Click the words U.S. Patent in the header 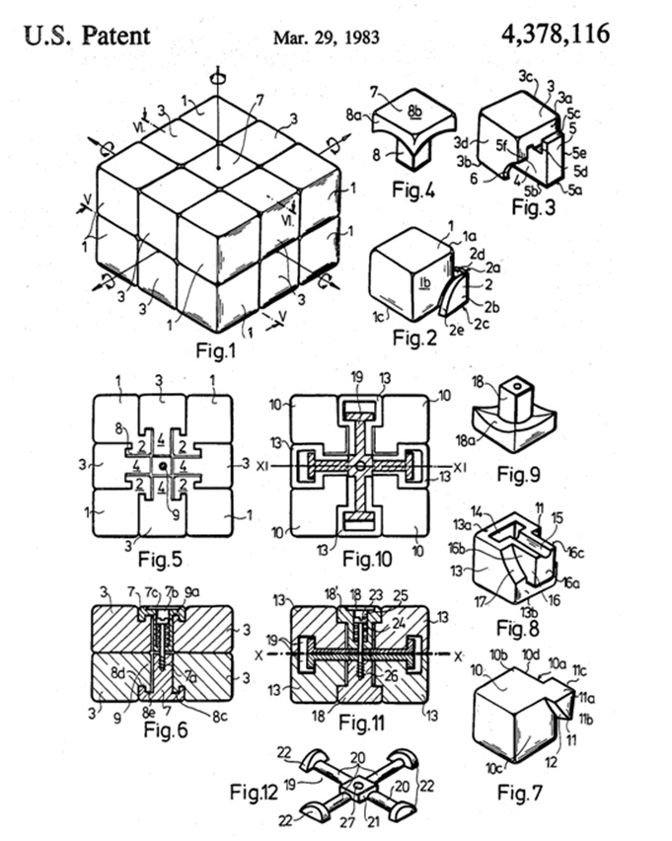coord(87,37)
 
